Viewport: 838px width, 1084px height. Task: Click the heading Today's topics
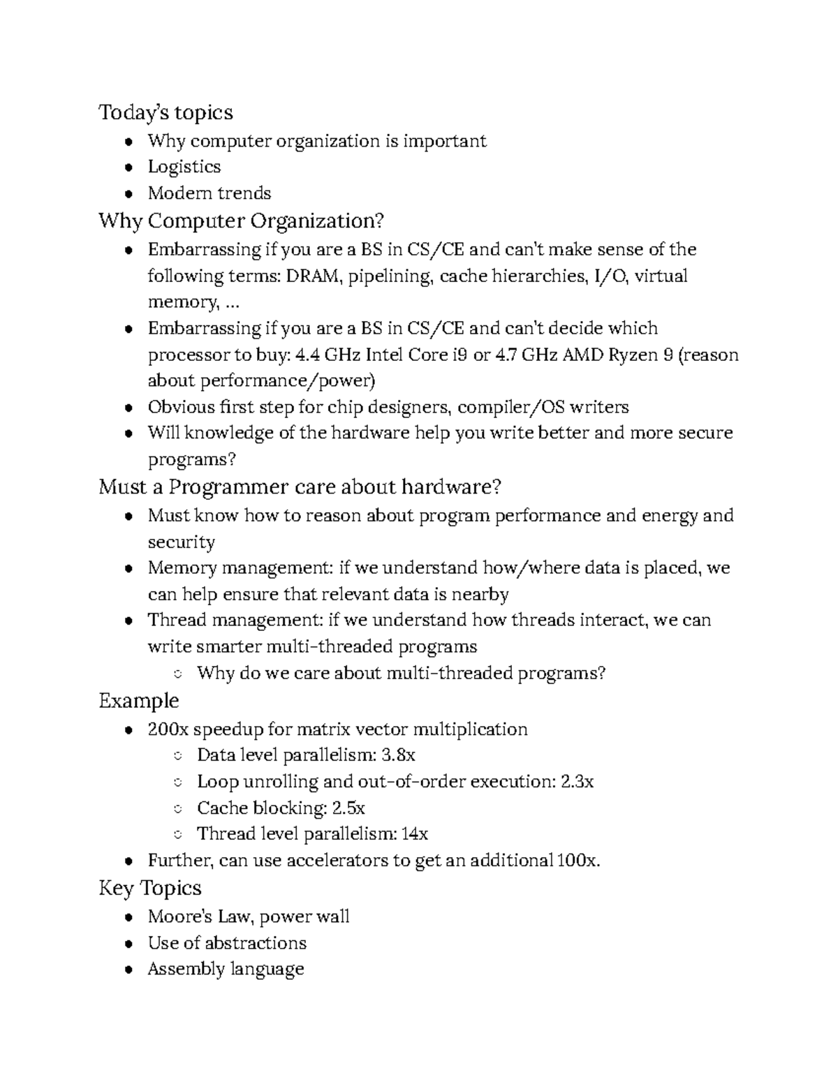tap(166, 112)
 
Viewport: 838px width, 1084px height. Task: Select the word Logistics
tap(184, 167)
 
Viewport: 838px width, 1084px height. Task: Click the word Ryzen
tap(633, 355)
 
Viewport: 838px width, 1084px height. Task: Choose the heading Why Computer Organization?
tap(241, 221)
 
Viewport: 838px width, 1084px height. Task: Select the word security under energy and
tap(181, 542)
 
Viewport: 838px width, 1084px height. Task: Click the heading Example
tap(138, 701)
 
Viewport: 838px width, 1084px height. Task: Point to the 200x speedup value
tap(168, 730)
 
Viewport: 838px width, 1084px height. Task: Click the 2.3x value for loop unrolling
tap(577, 782)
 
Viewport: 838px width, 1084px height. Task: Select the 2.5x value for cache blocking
tap(348, 808)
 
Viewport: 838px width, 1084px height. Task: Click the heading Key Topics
tap(149, 888)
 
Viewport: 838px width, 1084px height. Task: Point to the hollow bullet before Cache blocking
tap(177, 809)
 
